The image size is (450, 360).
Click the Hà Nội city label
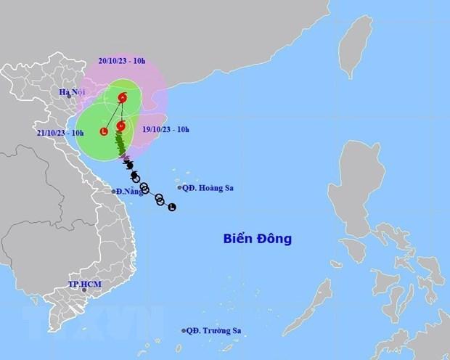(72, 92)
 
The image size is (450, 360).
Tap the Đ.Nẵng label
(128, 192)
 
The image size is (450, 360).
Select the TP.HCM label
(82, 282)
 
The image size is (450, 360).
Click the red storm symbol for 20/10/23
(123, 97)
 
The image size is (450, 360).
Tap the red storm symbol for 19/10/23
(120, 126)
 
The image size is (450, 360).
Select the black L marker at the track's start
(171, 208)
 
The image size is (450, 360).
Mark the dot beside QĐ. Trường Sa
(184, 331)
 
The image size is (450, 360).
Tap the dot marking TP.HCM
(85, 290)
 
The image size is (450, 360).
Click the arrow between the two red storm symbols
(122, 112)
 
